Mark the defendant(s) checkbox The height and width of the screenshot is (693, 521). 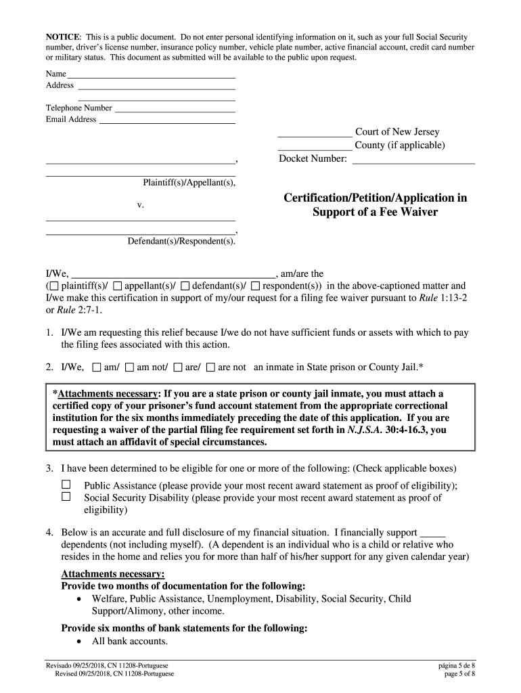(x=186, y=286)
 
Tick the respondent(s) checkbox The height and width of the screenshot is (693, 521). (x=255, y=286)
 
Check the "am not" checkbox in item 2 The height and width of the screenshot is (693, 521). (x=129, y=367)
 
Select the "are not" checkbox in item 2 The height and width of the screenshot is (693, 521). (x=210, y=367)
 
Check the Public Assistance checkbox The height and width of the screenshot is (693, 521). (x=66, y=485)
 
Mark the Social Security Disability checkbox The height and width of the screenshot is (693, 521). (x=66, y=497)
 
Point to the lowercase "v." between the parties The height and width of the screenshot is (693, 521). (x=140, y=204)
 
